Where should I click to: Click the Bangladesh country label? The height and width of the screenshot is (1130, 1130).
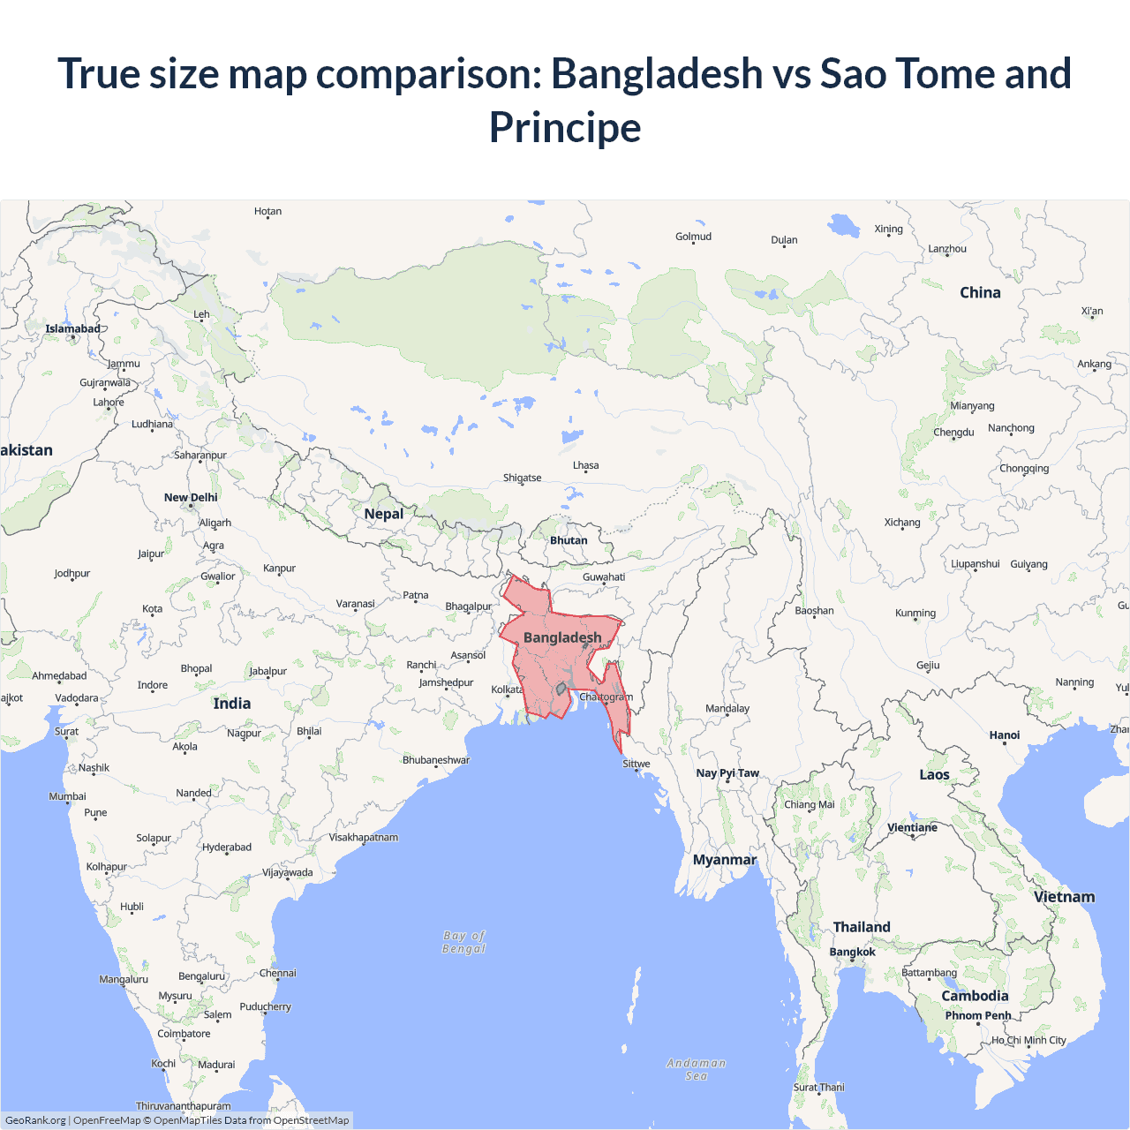[562, 637]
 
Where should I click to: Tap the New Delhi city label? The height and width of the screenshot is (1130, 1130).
[191, 497]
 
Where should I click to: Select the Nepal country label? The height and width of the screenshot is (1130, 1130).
[383, 514]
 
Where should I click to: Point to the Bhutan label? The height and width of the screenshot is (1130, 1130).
[569, 540]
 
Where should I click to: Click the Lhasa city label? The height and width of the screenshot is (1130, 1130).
[585, 465]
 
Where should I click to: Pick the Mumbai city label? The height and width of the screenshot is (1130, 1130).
[67, 796]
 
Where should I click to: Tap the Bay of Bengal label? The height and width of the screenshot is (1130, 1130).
[464, 942]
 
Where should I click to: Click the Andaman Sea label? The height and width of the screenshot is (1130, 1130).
[697, 1069]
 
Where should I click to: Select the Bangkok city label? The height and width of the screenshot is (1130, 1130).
[852, 952]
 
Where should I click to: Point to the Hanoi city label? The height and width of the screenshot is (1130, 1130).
[1005, 734]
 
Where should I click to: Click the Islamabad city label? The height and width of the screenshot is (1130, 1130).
[73, 328]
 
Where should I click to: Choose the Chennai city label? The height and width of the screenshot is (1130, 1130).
[278, 973]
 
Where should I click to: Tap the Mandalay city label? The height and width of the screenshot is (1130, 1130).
[727, 708]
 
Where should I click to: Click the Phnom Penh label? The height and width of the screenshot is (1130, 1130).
[978, 1015]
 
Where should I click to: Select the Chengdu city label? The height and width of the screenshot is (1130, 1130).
[953, 432]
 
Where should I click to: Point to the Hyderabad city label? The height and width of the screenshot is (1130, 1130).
[227, 847]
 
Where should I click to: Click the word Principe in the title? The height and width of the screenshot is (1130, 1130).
[565, 127]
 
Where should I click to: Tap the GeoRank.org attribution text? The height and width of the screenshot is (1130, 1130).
[35, 1120]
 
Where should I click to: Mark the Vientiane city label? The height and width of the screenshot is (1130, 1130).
[912, 827]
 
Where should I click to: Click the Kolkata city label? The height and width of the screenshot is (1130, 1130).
[507, 689]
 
